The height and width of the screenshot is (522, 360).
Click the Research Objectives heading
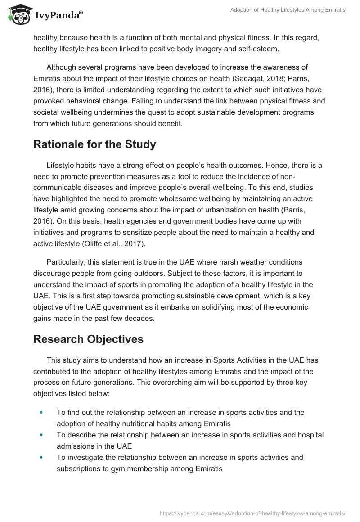(x=88, y=339)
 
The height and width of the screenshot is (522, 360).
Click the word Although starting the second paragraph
(x=64, y=67)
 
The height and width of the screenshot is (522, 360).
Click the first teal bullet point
(x=42, y=412)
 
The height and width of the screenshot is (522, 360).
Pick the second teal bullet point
(x=42, y=435)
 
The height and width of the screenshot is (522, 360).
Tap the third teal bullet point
(x=42, y=457)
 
